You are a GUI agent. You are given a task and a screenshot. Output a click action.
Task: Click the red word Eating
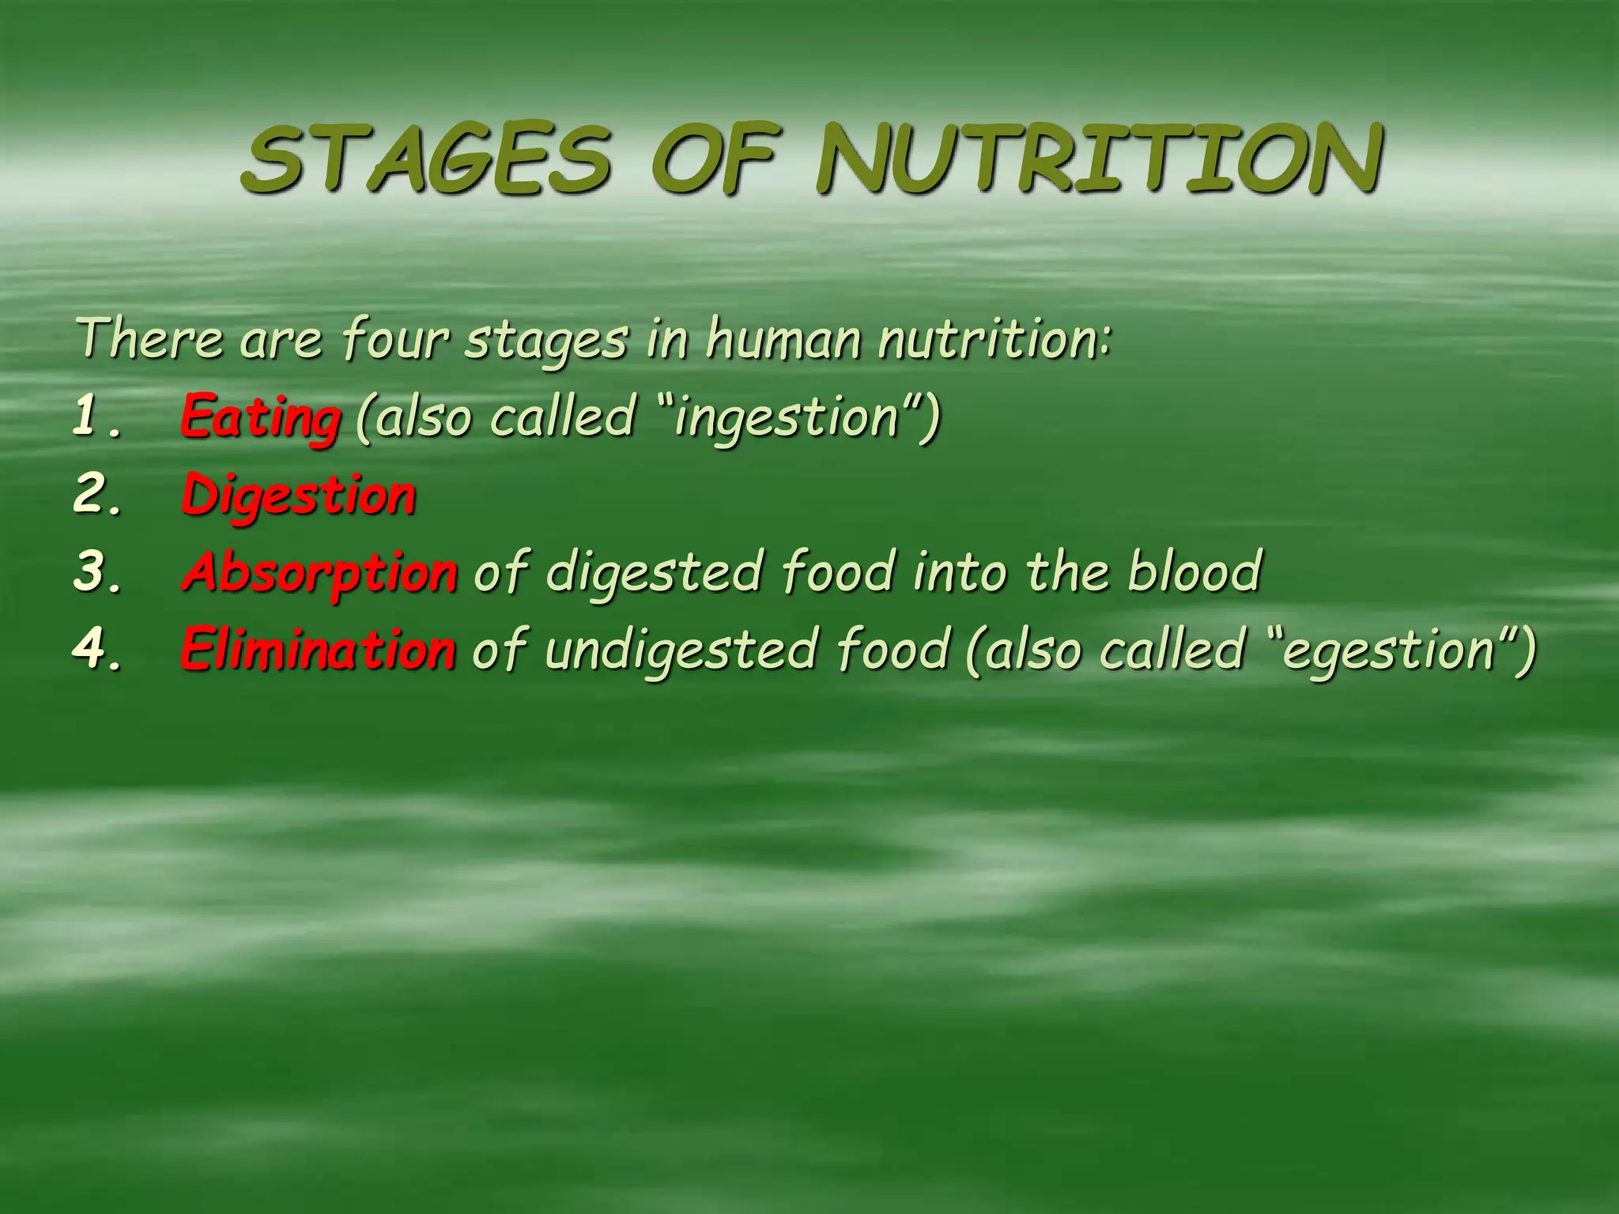[x=261, y=418]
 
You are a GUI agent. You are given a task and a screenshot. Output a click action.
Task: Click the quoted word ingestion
[x=787, y=418]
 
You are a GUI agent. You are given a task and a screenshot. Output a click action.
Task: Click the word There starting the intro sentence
[x=150, y=338]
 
